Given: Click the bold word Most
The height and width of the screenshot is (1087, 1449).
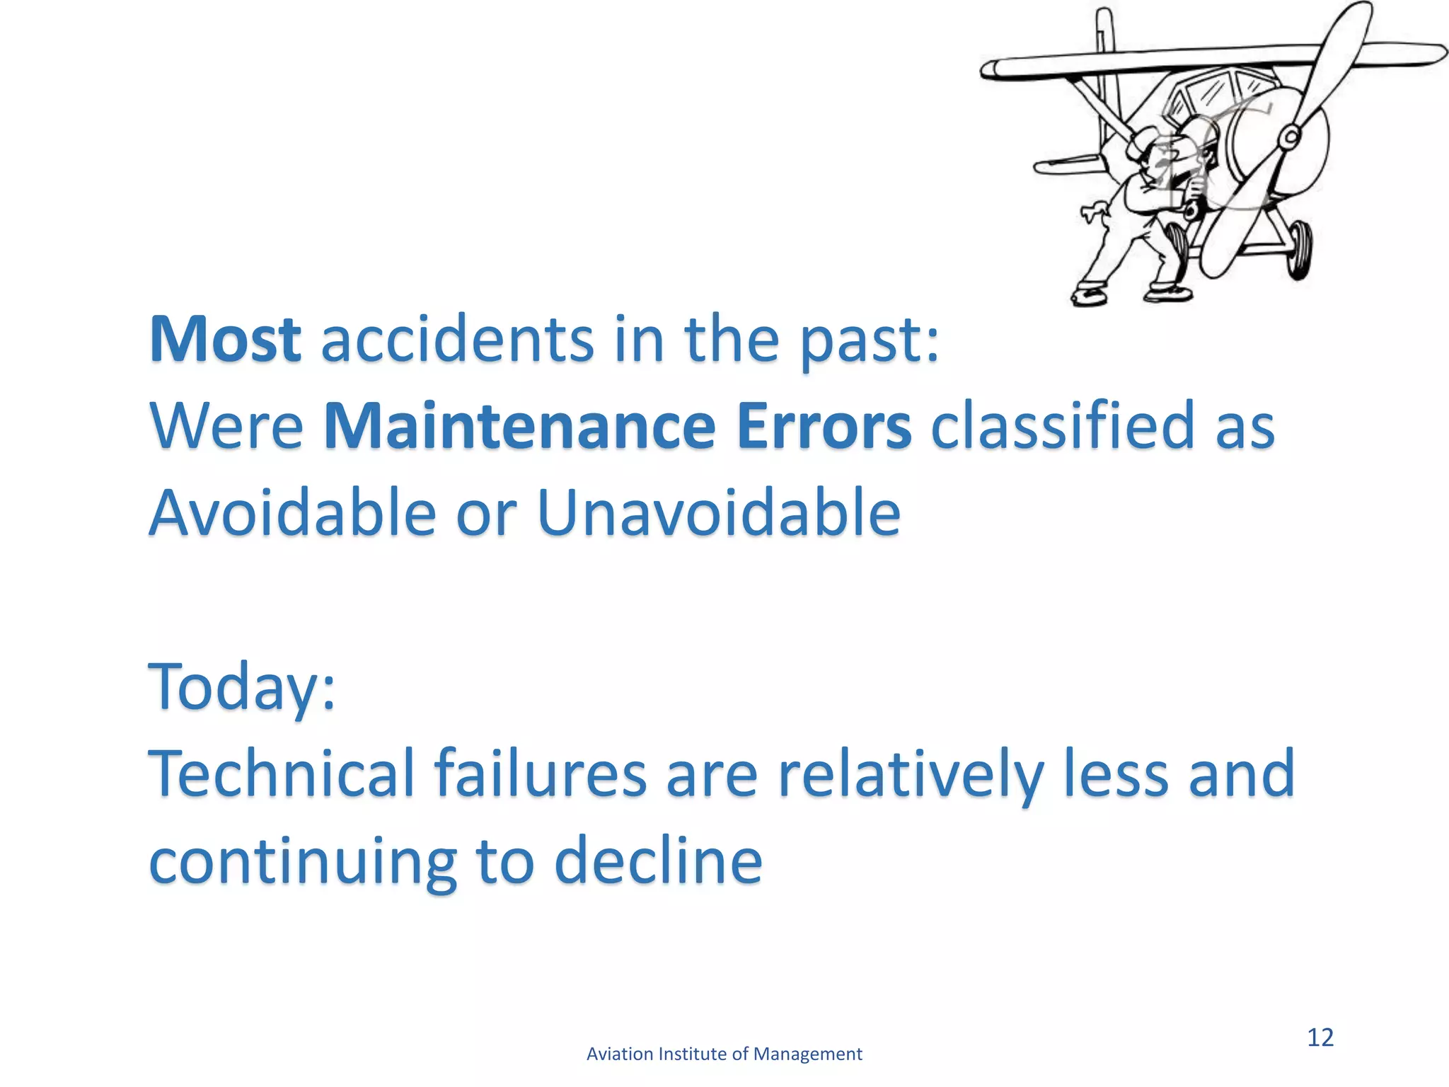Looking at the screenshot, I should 225,340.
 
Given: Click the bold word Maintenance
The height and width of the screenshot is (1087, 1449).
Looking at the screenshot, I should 519,426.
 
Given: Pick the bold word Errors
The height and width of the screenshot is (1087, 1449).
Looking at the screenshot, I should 824,426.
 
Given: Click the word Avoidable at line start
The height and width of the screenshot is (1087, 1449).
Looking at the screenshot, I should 292,512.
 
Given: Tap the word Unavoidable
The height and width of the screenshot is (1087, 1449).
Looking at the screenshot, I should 719,512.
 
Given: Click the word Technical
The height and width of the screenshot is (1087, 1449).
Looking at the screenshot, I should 281,773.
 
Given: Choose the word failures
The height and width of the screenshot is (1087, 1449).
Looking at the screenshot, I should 541,773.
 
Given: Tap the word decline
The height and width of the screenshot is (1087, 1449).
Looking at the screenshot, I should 658,861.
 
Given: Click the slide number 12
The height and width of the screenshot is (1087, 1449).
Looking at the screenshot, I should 1320,1037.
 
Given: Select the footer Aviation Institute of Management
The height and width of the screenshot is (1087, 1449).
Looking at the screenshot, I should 724,1054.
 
